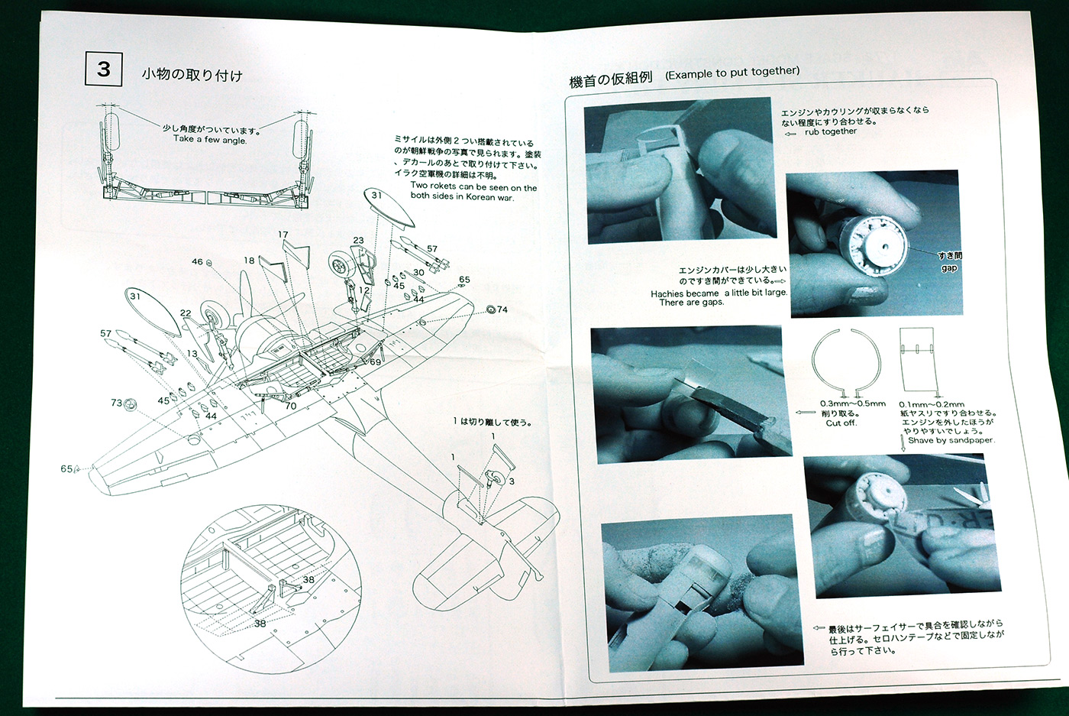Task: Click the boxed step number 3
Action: pyautogui.click(x=104, y=70)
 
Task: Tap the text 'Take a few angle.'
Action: pyautogui.click(x=210, y=140)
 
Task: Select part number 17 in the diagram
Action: pyautogui.click(x=283, y=235)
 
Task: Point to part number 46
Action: pyautogui.click(x=198, y=262)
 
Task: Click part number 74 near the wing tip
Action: pyautogui.click(x=502, y=309)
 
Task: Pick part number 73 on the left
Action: pyautogui.click(x=117, y=403)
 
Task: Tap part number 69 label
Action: pyautogui.click(x=375, y=361)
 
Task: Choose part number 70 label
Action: pyautogui.click(x=291, y=406)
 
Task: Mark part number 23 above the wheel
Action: pyautogui.click(x=358, y=241)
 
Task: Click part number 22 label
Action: pyautogui.click(x=186, y=313)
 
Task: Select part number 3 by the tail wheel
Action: pyautogui.click(x=512, y=481)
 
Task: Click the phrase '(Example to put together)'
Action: pyautogui.click(x=732, y=73)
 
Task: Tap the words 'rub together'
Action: pyautogui.click(x=831, y=131)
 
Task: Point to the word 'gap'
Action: pyautogui.click(x=949, y=268)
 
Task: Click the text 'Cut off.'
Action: pyautogui.click(x=841, y=423)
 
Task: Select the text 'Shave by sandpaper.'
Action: pyautogui.click(x=951, y=440)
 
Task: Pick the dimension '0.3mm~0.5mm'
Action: pyautogui.click(x=853, y=403)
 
